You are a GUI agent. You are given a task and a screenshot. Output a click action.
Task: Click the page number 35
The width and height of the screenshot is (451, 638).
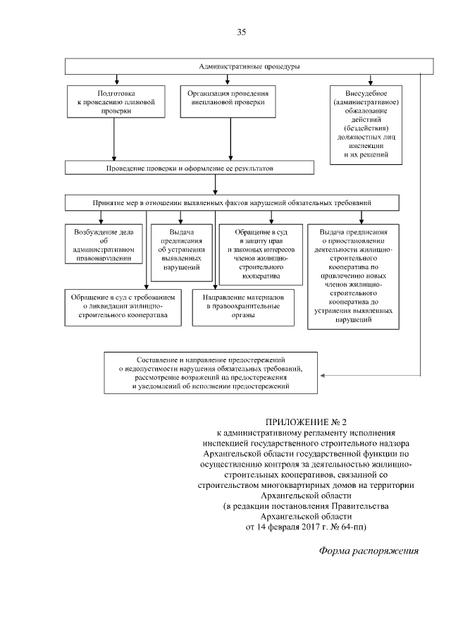(241, 32)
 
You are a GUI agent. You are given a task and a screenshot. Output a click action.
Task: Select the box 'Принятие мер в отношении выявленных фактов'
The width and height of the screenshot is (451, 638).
(233, 202)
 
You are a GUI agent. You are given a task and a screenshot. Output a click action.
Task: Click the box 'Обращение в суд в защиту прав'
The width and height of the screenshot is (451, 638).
(261, 253)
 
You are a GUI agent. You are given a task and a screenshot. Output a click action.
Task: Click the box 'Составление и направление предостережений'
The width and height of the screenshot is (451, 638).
(210, 373)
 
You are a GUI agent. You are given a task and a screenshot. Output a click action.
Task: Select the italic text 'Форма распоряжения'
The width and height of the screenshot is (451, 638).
(369, 551)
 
